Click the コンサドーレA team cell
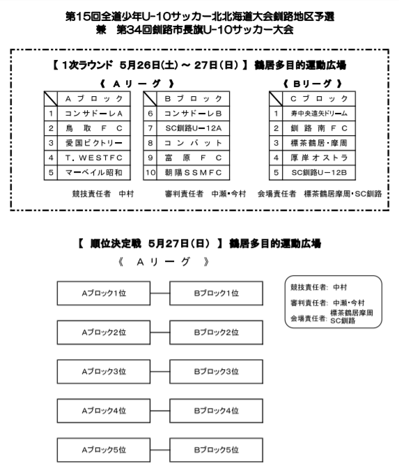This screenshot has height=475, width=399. (93, 114)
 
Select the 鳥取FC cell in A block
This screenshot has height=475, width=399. (93, 128)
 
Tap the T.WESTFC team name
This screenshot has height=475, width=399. (93, 158)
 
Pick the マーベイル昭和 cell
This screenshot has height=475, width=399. (93, 173)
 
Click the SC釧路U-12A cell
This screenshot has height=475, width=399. (193, 128)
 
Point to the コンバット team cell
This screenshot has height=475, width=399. (193, 143)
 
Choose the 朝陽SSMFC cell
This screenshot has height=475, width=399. (193, 173)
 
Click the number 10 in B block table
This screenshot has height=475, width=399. (150, 173)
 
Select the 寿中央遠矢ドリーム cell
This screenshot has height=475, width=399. (319, 114)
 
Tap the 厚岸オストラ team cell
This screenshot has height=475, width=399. (319, 158)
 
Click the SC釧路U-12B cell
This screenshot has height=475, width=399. (319, 173)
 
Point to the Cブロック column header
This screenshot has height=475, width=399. (319, 99)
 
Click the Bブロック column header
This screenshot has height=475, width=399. (193, 99)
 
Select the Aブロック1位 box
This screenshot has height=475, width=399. (104, 293)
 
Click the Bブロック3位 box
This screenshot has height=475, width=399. (216, 371)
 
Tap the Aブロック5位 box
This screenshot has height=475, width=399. (104, 450)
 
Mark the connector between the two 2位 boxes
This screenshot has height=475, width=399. (160, 332)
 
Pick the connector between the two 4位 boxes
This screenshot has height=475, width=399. (160, 411)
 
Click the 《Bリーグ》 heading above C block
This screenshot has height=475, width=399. (313, 84)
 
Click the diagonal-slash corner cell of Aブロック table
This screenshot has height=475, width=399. (51, 99)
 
